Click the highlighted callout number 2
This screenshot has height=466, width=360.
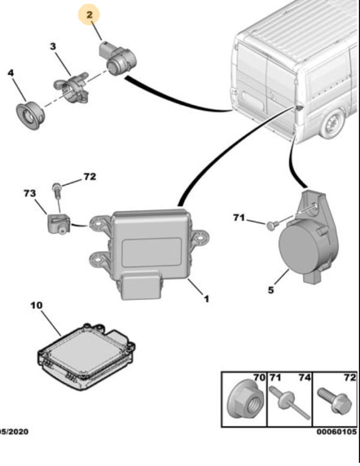pyautogui.click(x=90, y=14)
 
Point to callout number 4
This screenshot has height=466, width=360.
pyautogui.click(x=11, y=73)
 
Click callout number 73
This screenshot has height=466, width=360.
pyautogui.click(x=29, y=193)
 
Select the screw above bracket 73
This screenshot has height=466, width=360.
pyautogui.click(x=56, y=191)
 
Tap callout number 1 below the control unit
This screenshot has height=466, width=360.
pyautogui.click(x=206, y=298)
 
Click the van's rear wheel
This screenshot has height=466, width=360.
pyautogui.click(x=332, y=126)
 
